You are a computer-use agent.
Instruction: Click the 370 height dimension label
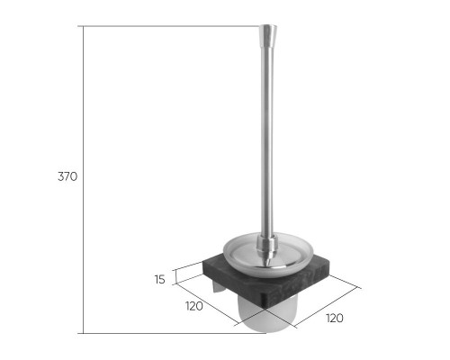(x=67, y=176)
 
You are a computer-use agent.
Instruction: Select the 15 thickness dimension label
(x=160, y=279)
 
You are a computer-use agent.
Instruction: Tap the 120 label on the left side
(x=193, y=306)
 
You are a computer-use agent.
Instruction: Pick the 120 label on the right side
(x=335, y=318)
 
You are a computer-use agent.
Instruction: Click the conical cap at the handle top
(x=267, y=35)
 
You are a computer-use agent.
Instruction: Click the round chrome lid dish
(x=268, y=255)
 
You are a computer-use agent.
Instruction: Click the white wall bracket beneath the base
(x=217, y=287)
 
